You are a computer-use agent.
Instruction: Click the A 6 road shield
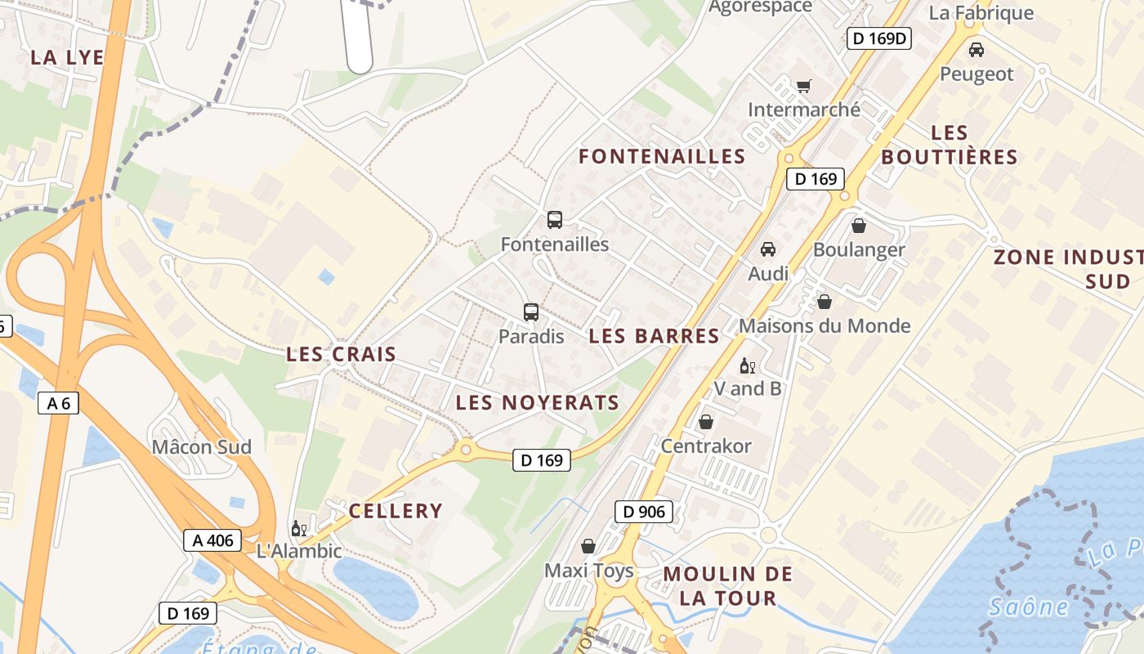click(x=58, y=402)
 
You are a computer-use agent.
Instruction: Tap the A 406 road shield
click(x=212, y=540)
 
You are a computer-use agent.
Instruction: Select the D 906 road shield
click(x=643, y=512)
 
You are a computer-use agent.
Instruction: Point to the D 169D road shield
click(x=878, y=38)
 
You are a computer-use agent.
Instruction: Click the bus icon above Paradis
click(x=531, y=311)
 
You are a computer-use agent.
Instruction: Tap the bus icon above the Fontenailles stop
click(x=555, y=219)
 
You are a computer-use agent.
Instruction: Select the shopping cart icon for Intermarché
click(x=804, y=86)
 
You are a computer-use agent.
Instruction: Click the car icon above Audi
click(x=768, y=249)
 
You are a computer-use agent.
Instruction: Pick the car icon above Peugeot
click(x=976, y=50)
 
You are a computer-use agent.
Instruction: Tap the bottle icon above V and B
click(x=746, y=365)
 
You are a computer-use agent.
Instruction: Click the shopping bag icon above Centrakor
click(x=705, y=422)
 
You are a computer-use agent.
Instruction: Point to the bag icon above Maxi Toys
click(x=588, y=546)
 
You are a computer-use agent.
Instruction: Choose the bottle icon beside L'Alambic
click(x=298, y=528)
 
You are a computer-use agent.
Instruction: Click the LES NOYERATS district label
click(x=537, y=402)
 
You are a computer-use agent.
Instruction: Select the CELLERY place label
click(x=395, y=511)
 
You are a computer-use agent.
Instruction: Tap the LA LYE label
click(x=67, y=57)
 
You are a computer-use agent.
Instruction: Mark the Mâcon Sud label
click(x=202, y=446)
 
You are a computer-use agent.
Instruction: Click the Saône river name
click(x=1028, y=607)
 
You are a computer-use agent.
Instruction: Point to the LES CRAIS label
click(x=341, y=355)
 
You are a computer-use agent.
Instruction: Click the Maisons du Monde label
click(x=824, y=325)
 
